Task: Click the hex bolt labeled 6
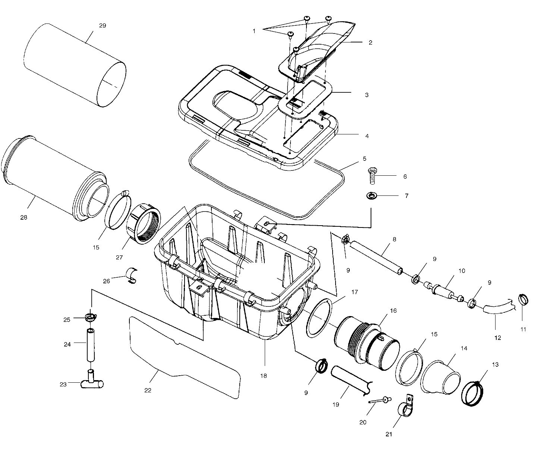[372, 176]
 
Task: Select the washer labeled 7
[372, 195]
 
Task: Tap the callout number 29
[103, 26]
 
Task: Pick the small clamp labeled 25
[90, 318]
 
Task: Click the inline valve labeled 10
[444, 290]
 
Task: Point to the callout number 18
[264, 376]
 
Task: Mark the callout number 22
[148, 390]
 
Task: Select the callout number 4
[367, 136]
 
